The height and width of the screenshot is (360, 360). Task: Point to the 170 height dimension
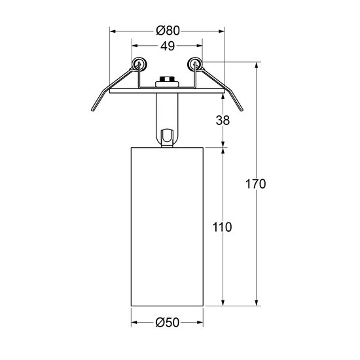click(256, 184)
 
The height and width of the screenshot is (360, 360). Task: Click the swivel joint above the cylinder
click(166, 136)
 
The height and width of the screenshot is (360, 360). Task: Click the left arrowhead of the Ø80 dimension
click(112, 30)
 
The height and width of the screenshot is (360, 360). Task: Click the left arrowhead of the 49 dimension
click(135, 46)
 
